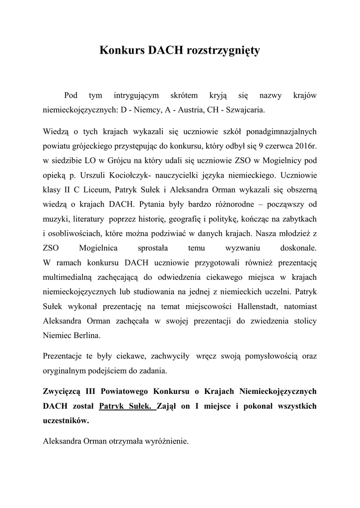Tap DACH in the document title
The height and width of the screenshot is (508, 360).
pyautogui.click(x=164, y=50)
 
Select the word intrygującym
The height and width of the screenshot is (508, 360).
pyautogui.click(x=136, y=95)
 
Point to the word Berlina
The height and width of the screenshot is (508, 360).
pyautogui.click(x=86, y=335)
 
